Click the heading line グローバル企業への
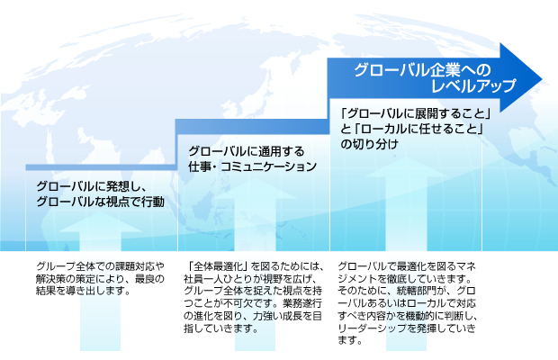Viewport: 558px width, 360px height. [423, 69]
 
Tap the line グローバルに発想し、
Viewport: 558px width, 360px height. [91, 185]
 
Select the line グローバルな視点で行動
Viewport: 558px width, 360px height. [100, 202]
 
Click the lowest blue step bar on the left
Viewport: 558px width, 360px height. [99, 167]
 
